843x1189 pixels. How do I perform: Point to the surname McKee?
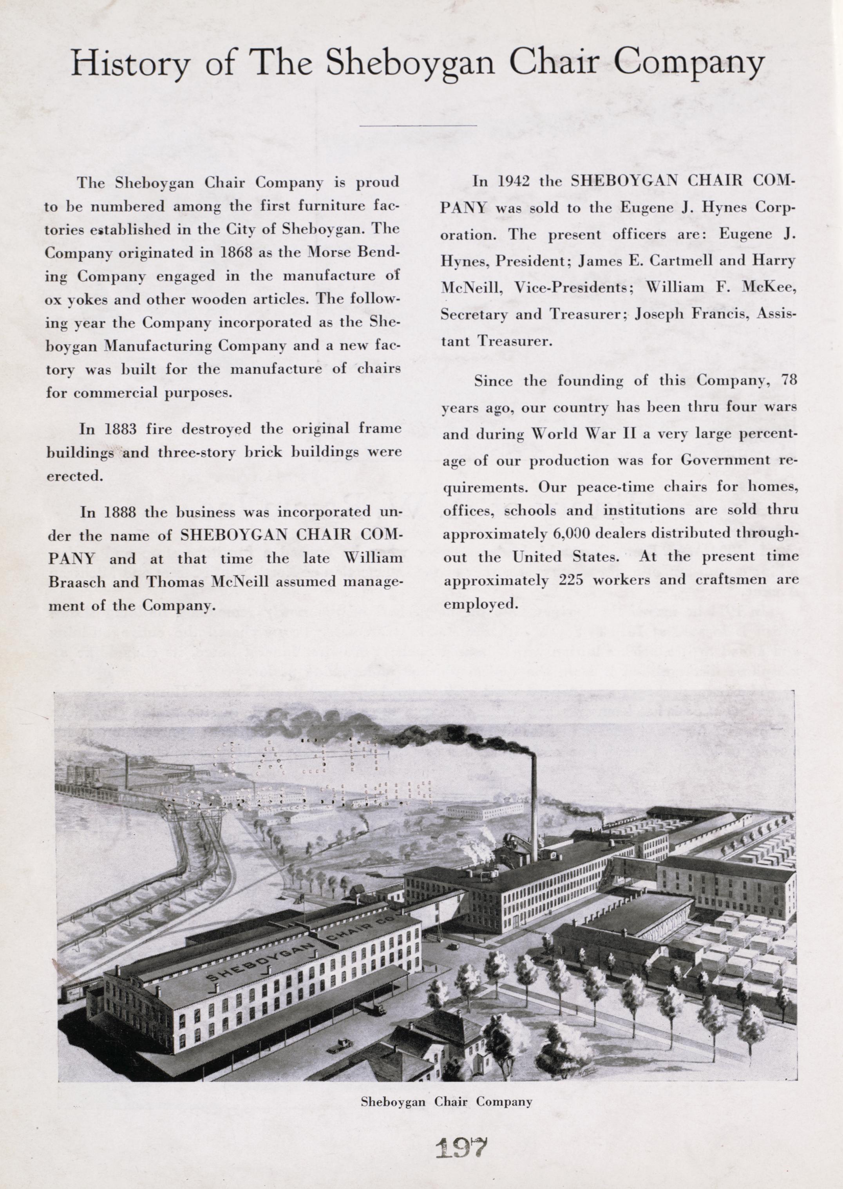click(771, 287)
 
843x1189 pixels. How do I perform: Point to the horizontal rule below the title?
click(418, 125)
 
